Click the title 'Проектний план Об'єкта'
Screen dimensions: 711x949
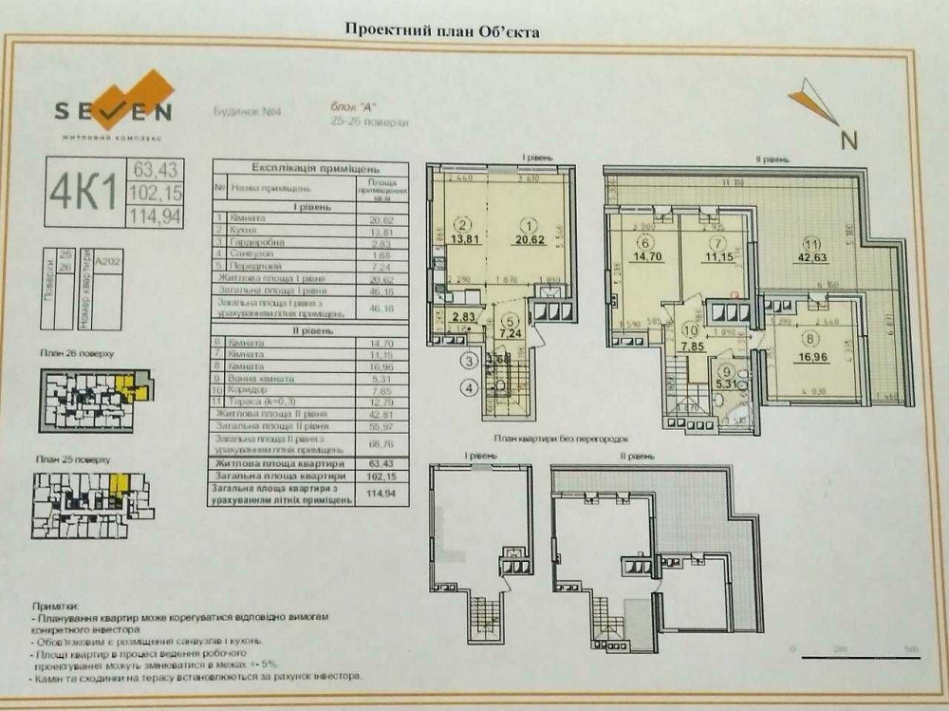click(442, 31)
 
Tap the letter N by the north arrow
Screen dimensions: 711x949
click(849, 140)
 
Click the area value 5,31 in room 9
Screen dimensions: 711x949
click(728, 384)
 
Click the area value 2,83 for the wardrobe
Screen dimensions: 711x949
click(463, 317)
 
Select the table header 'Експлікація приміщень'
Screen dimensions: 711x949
click(295, 164)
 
